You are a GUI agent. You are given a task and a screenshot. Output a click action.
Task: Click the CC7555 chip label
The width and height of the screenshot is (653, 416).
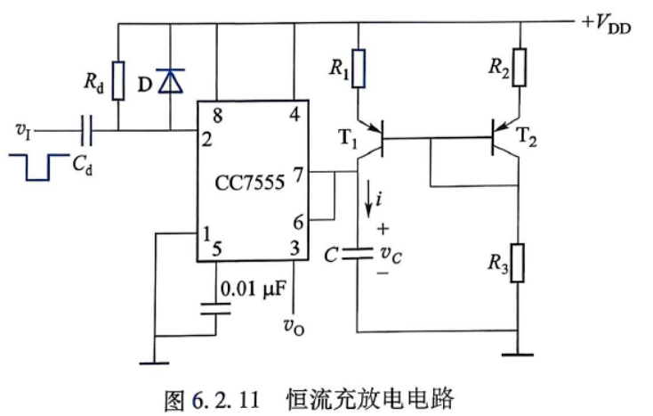(249, 183)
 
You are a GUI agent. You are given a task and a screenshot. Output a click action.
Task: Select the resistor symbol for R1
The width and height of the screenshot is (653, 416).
(359, 69)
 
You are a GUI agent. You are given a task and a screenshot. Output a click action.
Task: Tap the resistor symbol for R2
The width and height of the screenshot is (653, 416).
(520, 67)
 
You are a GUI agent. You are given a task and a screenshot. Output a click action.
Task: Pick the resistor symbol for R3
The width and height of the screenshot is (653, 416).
(517, 263)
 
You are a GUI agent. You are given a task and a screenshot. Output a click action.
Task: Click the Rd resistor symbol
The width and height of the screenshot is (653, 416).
(118, 80)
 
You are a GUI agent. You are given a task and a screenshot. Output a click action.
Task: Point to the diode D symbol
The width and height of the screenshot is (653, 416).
(170, 81)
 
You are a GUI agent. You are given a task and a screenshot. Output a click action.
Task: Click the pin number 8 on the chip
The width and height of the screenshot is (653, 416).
(217, 116)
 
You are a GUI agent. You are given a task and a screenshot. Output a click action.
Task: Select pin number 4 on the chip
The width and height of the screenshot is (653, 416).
(294, 114)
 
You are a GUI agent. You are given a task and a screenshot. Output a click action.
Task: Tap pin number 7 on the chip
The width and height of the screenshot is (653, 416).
(298, 175)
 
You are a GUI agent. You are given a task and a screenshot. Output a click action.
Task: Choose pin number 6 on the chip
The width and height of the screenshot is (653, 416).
(298, 222)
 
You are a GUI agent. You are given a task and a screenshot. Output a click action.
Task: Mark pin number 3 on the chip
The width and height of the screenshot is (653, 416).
(295, 248)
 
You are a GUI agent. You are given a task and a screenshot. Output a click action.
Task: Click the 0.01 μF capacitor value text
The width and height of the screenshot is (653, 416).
(254, 289)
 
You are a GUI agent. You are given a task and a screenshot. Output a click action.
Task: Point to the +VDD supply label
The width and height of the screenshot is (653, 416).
(607, 24)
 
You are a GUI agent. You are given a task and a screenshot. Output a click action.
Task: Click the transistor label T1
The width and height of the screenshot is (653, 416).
(349, 138)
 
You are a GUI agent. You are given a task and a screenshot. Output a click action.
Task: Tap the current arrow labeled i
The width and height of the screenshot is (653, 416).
(368, 200)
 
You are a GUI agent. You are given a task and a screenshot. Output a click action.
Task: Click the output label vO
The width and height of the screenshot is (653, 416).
(294, 326)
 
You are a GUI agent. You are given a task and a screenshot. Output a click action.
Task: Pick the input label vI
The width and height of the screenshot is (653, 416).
(23, 130)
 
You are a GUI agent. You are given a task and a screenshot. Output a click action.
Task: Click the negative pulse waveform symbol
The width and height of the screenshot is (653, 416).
(39, 167)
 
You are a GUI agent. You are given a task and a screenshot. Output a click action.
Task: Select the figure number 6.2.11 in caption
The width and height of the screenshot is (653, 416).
(225, 400)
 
